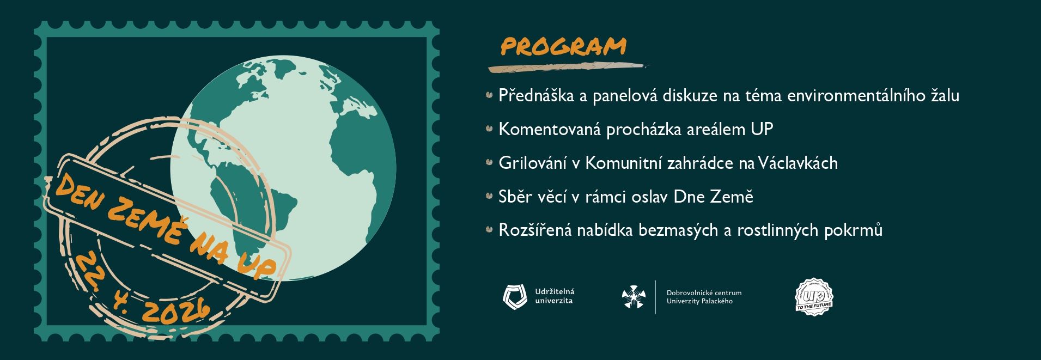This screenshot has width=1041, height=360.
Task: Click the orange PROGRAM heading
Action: [563, 46]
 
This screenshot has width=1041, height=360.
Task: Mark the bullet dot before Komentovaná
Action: [489, 129]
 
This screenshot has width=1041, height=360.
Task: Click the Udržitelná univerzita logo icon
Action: [515, 297]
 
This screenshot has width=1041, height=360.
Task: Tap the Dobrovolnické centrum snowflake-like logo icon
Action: [634, 297]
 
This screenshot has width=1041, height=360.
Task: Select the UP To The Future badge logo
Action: [814, 297]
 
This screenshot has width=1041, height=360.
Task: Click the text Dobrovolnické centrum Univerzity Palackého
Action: [704, 297]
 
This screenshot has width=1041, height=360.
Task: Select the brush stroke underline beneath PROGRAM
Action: [568, 67]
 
